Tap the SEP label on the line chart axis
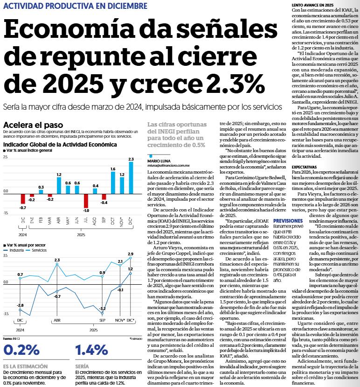pos(102,321)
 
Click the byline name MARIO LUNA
pos(158,161)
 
